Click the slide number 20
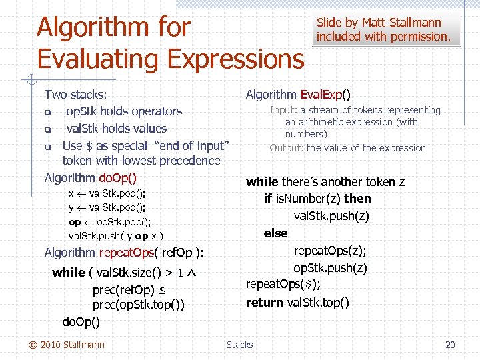(x=450, y=345)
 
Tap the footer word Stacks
(x=239, y=345)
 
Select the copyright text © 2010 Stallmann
(x=66, y=345)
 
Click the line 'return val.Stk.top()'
(x=297, y=303)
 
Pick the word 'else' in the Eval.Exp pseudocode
(x=275, y=233)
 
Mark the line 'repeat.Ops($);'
(x=283, y=285)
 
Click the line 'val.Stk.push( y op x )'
(x=116, y=235)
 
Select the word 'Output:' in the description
(x=287, y=148)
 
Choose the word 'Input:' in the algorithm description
(x=283, y=110)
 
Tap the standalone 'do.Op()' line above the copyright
(x=81, y=322)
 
